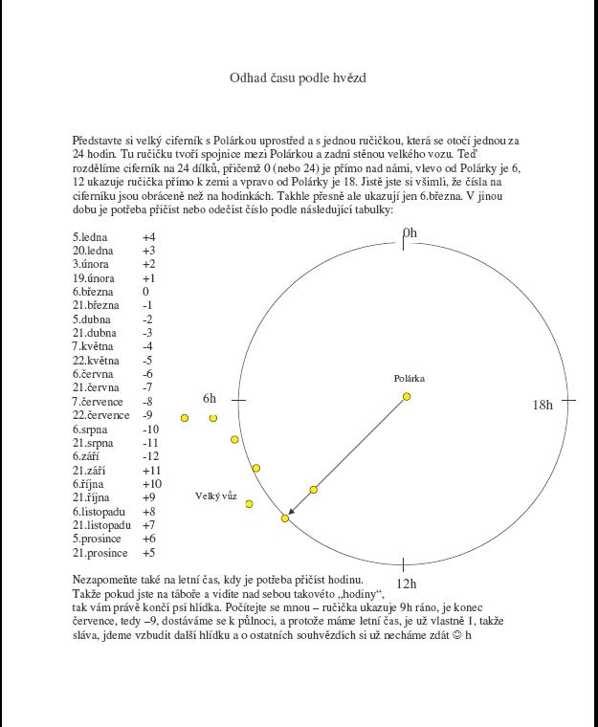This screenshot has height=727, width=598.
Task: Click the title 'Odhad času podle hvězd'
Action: [299, 77]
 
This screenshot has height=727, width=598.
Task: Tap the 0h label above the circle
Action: [410, 233]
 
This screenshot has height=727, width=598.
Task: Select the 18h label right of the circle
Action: [543, 405]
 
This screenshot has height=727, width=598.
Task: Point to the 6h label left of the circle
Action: [210, 399]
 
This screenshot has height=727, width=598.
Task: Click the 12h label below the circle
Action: [407, 584]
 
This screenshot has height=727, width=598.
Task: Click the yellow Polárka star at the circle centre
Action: [407, 396]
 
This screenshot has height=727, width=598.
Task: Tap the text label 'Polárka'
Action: [410, 379]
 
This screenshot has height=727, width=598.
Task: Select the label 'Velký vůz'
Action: [216, 496]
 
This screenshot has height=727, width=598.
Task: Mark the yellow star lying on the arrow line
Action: [314, 490]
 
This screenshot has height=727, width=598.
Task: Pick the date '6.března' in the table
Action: [92, 292]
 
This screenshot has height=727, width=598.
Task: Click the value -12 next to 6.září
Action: [150, 456]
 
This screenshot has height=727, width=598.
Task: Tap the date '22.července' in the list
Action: [100, 415]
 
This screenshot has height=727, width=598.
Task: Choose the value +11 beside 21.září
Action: [150, 471]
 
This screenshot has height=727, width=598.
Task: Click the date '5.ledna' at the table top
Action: [90, 236]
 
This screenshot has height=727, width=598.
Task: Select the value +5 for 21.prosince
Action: [148, 553]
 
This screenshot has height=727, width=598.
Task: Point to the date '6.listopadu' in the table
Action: [100, 512]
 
